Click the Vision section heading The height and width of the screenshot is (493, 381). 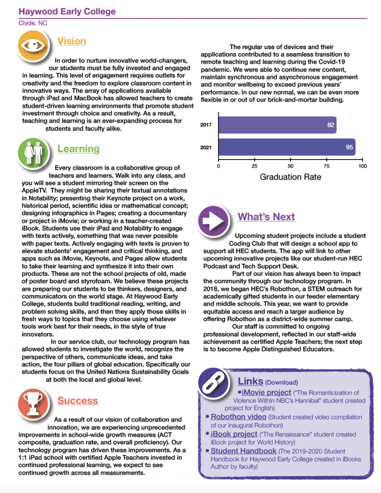(x=71, y=41)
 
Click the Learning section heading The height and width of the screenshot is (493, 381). (x=78, y=149)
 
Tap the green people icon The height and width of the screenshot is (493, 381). (x=33, y=152)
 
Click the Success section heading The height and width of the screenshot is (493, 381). (x=78, y=401)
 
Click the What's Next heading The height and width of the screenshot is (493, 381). (x=266, y=217)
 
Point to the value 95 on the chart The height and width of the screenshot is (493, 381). (x=349, y=147)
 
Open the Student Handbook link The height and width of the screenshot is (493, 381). (x=244, y=451)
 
